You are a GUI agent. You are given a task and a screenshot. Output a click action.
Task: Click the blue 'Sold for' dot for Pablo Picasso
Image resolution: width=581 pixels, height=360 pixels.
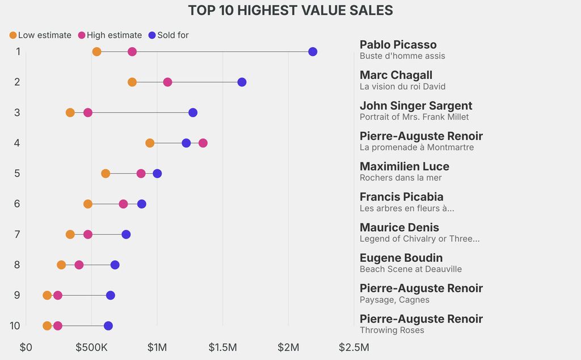(313, 52)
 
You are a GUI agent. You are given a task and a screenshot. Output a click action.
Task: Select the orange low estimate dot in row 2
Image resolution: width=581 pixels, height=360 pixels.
(132, 82)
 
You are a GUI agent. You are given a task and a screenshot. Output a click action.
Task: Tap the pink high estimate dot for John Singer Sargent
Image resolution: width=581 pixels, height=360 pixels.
(88, 112)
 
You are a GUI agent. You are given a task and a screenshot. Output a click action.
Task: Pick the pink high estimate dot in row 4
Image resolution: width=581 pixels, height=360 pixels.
(203, 143)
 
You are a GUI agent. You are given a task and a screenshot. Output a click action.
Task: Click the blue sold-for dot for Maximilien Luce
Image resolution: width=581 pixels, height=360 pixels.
(157, 173)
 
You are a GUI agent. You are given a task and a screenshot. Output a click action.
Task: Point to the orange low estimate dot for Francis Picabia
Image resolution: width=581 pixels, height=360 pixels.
(88, 204)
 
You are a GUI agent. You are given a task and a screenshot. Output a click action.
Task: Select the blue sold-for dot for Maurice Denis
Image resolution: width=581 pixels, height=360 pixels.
(126, 235)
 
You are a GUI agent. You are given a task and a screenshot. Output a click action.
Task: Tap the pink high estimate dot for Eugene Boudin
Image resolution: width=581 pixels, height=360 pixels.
(79, 265)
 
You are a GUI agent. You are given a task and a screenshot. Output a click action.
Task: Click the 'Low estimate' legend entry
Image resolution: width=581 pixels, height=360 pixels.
(40, 35)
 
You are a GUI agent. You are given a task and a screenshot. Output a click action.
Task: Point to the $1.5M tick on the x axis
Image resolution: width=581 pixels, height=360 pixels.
(223, 347)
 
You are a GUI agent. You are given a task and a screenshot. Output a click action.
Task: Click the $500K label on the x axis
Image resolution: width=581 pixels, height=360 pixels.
(91, 347)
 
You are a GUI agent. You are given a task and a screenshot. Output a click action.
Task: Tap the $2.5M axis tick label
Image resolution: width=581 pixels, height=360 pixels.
(353, 347)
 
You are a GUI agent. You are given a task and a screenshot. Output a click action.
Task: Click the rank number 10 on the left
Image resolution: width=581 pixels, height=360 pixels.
(15, 325)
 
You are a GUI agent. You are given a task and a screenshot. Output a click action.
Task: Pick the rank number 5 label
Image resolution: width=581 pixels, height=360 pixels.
(18, 173)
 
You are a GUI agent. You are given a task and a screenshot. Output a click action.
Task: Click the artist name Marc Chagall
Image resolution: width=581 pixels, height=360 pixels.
(396, 75)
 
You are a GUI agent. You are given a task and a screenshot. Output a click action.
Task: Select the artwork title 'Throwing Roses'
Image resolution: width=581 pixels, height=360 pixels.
(392, 330)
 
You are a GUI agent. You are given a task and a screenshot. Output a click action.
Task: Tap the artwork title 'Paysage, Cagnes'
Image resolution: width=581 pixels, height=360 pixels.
(394, 300)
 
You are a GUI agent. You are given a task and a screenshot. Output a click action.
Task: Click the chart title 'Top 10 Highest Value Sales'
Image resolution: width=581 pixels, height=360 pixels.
(290, 10)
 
